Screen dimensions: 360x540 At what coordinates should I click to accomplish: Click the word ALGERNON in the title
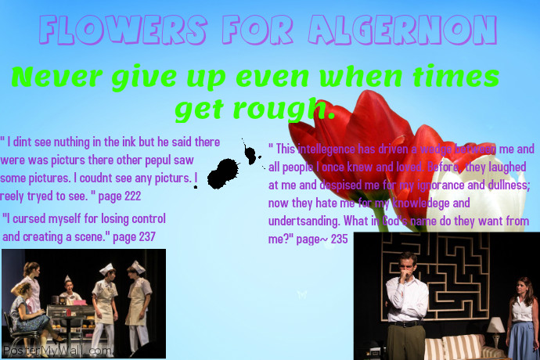tap(403, 31)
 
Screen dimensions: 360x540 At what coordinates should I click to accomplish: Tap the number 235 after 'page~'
tap(338, 239)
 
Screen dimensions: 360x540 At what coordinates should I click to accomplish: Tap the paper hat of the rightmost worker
tap(138, 267)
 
